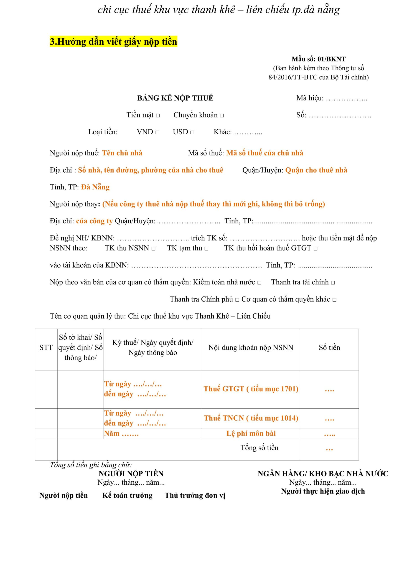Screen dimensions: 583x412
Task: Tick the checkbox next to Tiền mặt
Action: click(158, 115)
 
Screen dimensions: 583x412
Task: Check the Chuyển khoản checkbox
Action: click(222, 115)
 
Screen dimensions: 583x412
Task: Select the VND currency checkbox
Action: click(157, 133)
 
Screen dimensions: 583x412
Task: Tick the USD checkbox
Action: click(192, 133)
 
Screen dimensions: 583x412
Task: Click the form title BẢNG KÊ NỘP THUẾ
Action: click(175, 98)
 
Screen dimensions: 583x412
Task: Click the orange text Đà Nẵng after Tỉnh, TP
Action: click(95, 187)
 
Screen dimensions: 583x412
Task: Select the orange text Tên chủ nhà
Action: click(122, 153)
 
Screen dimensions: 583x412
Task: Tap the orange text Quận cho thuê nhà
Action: click(316, 170)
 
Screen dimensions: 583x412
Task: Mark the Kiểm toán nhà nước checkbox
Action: click(259, 283)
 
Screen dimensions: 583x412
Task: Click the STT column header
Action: click(46, 347)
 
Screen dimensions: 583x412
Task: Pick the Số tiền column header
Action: click(329, 347)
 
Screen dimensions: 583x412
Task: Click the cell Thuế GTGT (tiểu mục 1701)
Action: click(251, 389)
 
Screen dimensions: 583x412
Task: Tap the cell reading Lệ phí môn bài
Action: click(251, 433)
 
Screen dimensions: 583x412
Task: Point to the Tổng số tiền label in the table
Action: click(259, 448)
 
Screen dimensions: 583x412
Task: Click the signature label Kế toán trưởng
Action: click(127, 495)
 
